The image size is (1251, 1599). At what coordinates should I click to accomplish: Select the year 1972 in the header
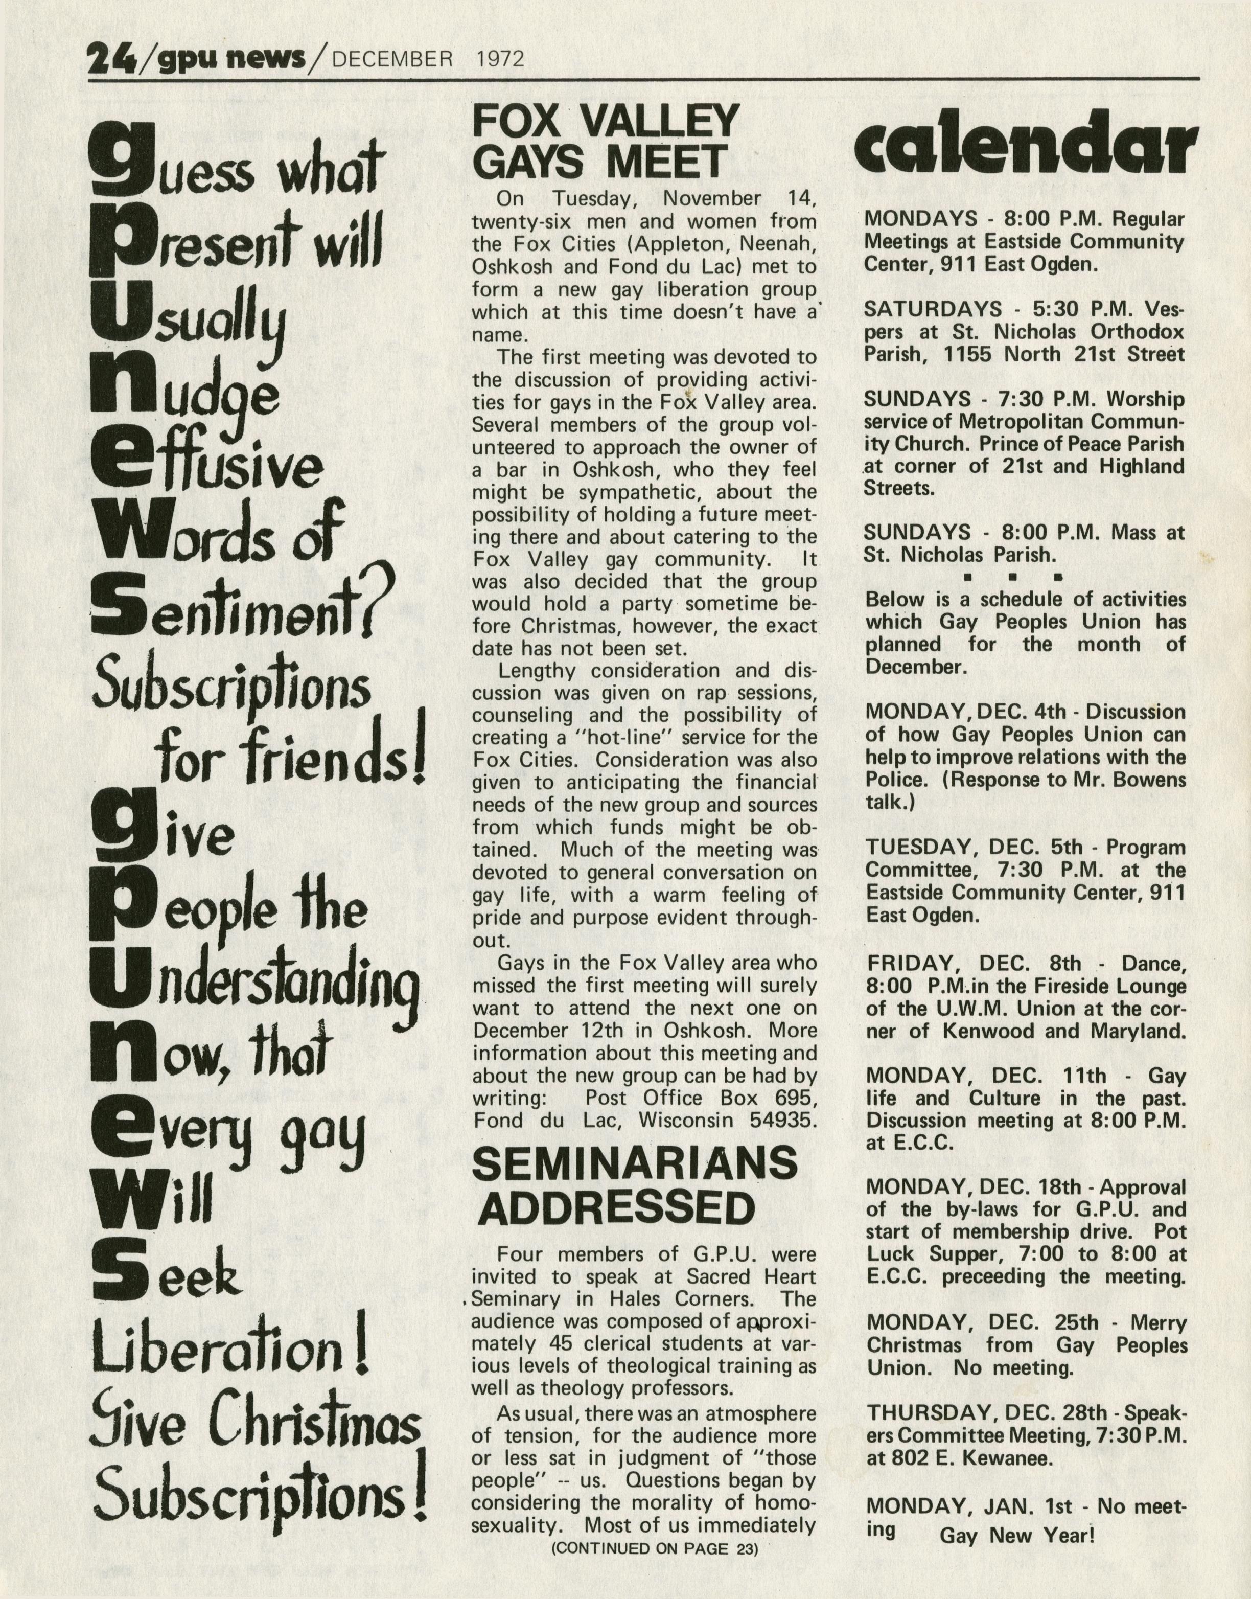[x=500, y=59]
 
